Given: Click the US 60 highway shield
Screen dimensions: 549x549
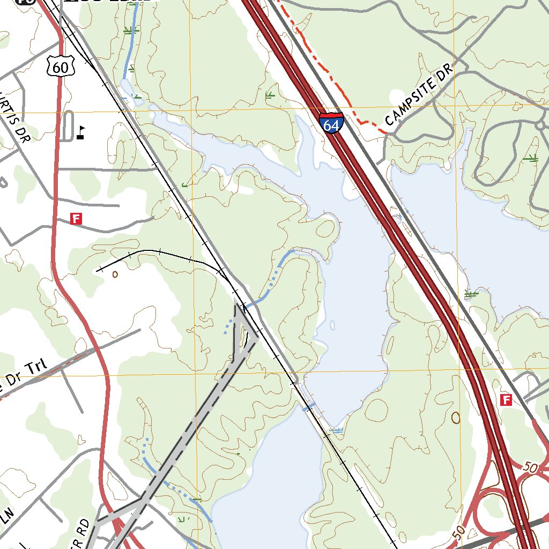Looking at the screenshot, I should pyautogui.click(x=57, y=66).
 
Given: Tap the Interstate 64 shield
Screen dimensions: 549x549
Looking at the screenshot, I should pyautogui.click(x=331, y=124).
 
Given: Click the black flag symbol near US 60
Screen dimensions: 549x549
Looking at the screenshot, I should pyautogui.click(x=80, y=132).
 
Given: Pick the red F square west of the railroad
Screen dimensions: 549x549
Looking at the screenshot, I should pyautogui.click(x=77, y=218).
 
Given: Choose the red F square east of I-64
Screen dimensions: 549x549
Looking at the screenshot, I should pyautogui.click(x=505, y=399).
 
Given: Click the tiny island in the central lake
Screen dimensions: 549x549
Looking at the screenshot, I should pyautogui.click(x=333, y=325).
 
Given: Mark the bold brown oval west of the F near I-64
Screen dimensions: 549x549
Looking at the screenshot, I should pyautogui.click(x=456, y=417).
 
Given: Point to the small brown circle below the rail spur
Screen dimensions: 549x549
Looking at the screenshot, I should pyautogui.click(x=115, y=274).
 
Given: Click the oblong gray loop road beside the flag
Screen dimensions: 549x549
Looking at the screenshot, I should pyautogui.click(x=67, y=126).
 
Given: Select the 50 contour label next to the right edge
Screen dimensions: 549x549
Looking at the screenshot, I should pyautogui.click(x=530, y=468).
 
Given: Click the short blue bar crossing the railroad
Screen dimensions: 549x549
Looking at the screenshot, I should pyautogui.click(x=308, y=409).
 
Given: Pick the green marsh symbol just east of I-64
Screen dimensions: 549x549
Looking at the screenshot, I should pyautogui.click(x=471, y=293).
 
